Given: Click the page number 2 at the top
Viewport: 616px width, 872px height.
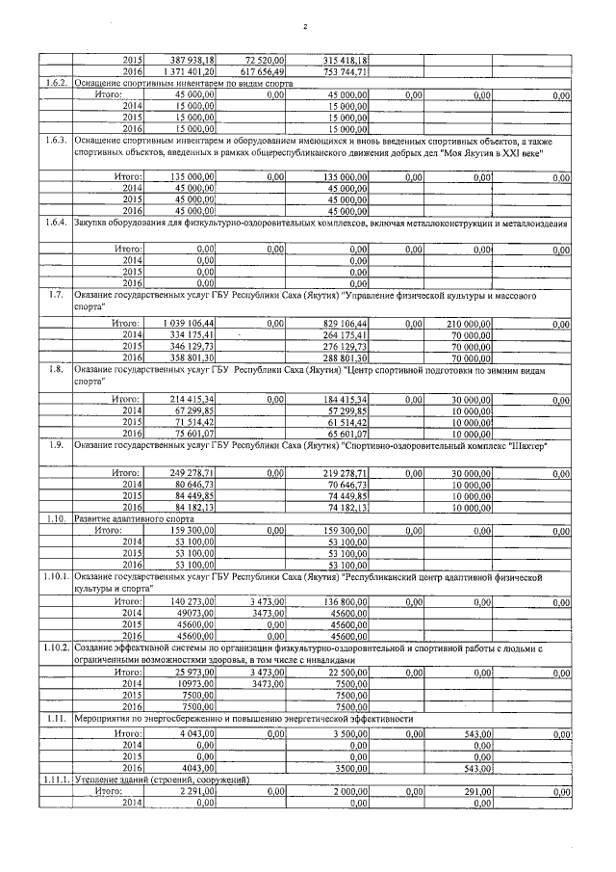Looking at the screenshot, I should (304, 26).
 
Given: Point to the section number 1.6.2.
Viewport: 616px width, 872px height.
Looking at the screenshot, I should (57, 83).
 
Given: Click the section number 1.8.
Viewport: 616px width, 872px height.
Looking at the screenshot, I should (57, 369).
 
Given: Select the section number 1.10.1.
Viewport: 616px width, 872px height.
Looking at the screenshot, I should (57, 575).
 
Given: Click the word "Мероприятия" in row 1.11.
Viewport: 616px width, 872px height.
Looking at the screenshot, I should (108, 719).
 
